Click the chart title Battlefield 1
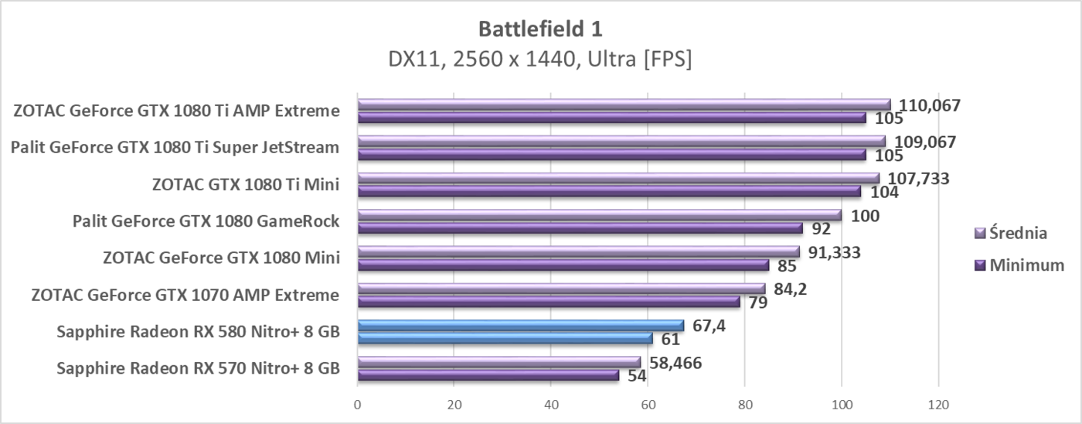540,29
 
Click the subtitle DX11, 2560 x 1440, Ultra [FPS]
540,60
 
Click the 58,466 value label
673,362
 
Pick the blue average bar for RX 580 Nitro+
520,326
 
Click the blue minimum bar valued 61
505,338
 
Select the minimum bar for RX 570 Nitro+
488,375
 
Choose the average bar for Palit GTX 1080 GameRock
599,215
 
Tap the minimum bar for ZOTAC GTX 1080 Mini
563,265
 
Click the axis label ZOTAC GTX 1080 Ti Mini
246,184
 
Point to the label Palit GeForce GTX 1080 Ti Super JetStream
175,147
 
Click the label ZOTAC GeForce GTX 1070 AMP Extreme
185,295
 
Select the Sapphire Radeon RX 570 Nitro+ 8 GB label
198,368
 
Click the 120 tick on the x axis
938,403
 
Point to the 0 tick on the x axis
357,403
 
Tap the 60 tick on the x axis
648,403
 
